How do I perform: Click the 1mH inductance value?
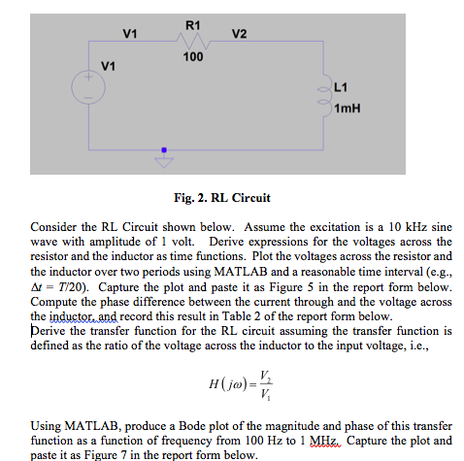tap(347, 108)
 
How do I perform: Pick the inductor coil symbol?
tap(323, 97)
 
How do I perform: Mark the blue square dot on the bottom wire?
tap(164, 150)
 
